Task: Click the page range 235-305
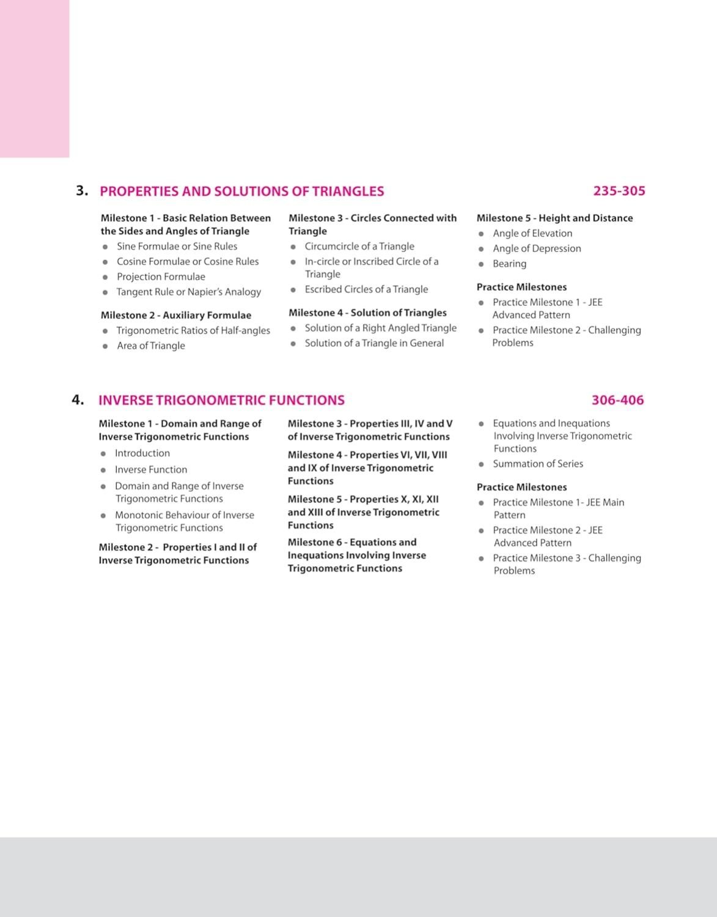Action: click(619, 191)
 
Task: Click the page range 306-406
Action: click(617, 400)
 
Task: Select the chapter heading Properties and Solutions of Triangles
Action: click(241, 191)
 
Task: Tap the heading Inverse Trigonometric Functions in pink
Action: click(221, 400)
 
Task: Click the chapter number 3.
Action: click(81, 191)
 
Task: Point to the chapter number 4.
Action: click(77, 400)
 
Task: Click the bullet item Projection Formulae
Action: click(161, 277)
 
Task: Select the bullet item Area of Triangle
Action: click(150, 346)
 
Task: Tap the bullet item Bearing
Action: click(509, 264)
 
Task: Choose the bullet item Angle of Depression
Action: click(537, 248)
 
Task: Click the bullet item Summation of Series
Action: click(538, 464)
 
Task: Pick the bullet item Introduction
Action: click(142, 453)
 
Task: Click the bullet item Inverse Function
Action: click(151, 470)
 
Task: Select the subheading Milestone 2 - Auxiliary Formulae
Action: click(176, 315)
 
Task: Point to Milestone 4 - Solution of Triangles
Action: click(367, 313)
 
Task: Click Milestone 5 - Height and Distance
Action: click(554, 218)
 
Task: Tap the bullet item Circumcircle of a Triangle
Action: click(359, 247)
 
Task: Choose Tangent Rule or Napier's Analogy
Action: click(188, 292)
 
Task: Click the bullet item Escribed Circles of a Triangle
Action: click(366, 289)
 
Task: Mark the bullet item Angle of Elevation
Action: click(532, 233)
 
